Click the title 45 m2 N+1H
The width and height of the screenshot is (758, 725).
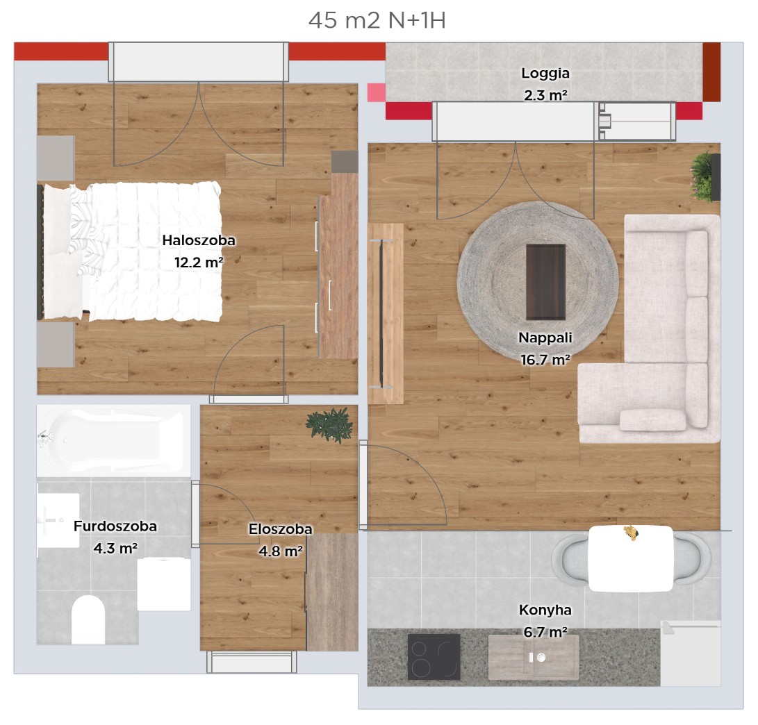377,20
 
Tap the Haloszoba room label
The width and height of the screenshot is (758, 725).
199,240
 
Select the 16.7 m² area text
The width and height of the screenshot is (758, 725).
545,360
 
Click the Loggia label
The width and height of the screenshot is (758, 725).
545,74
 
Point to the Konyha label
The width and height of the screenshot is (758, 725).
545,610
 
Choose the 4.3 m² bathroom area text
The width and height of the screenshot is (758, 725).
115,549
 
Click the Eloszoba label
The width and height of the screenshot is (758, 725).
281,529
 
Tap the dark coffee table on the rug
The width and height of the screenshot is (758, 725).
546,282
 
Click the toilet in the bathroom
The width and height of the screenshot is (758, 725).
88,619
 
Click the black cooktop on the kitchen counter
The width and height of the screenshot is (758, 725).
434,657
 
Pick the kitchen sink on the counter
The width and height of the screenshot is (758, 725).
534,658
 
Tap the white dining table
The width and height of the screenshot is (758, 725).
631,559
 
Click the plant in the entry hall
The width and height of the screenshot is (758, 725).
330,425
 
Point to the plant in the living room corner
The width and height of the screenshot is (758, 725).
702,177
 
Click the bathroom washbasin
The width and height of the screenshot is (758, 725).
58,521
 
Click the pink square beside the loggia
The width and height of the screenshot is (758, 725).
376,92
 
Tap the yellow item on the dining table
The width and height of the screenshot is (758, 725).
630,533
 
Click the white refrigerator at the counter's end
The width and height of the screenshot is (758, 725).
691,653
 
